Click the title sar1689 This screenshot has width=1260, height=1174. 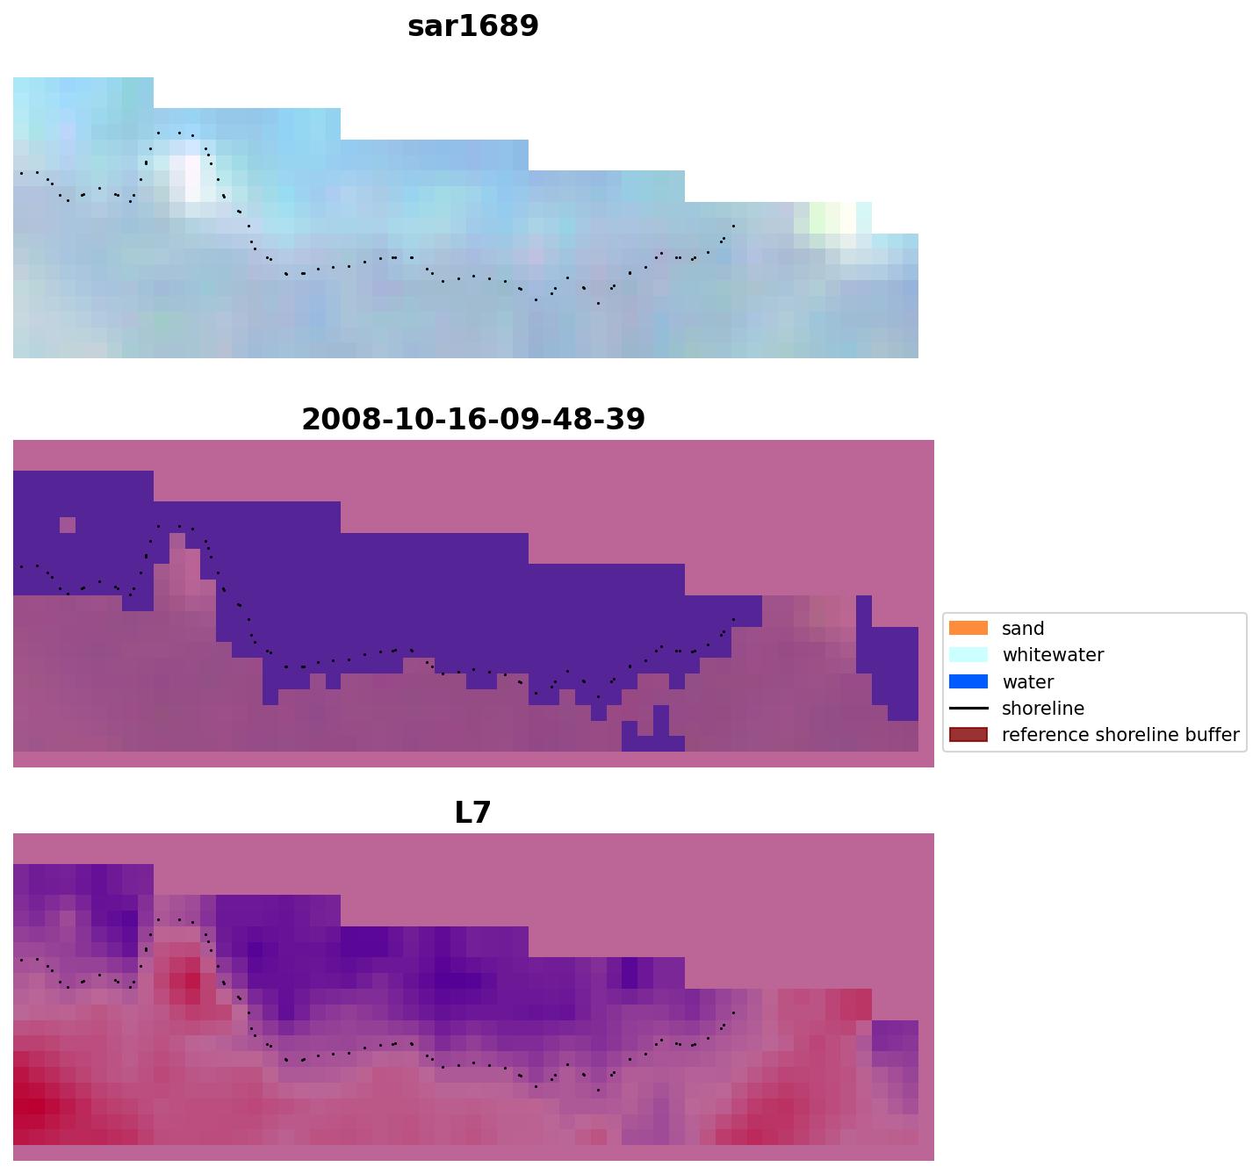(x=472, y=26)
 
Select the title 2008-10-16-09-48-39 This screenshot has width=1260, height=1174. (x=472, y=420)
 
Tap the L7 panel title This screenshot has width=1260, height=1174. (x=472, y=813)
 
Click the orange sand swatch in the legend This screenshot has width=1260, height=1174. (x=968, y=628)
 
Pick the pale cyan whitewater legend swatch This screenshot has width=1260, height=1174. (x=968, y=654)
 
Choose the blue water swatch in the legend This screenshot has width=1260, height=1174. (x=968, y=681)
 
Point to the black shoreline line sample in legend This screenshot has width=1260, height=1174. (x=968, y=708)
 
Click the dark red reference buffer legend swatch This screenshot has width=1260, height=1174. (x=968, y=734)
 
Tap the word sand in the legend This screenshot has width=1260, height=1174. (x=1023, y=629)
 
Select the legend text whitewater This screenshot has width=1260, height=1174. (x=1053, y=655)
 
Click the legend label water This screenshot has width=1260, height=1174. (x=1027, y=682)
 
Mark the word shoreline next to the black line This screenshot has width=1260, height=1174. (x=1043, y=709)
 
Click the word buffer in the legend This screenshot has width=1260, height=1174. (x=1212, y=735)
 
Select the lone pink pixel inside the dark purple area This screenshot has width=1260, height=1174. (x=68, y=525)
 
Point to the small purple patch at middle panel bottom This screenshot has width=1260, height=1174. (x=653, y=736)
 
